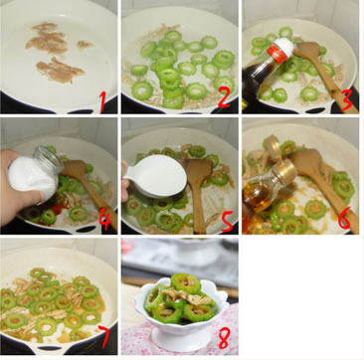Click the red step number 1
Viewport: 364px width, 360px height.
tap(103, 101)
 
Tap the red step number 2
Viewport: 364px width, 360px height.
tap(224, 97)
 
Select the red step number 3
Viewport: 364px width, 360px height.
tap(347, 99)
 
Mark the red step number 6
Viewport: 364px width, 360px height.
tap(344, 217)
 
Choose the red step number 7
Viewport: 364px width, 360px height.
tap(105, 336)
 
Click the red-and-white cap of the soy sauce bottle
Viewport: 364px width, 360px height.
tap(280, 51)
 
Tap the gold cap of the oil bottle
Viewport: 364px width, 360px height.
tap(284, 171)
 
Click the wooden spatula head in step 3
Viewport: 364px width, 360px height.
tap(305, 51)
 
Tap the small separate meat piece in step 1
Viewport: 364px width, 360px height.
tap(86, 44)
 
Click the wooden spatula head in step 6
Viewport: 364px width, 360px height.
tap(306, 162)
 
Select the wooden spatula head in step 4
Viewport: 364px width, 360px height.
tap(74, 169)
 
